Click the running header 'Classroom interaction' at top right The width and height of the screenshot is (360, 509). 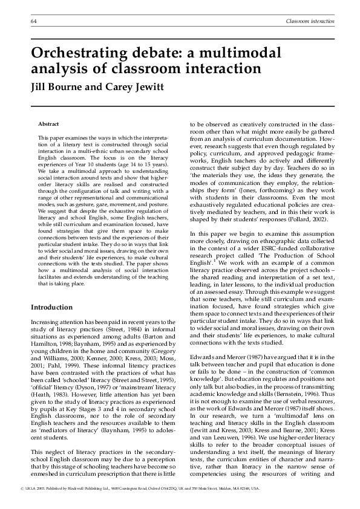(x=309, y=22)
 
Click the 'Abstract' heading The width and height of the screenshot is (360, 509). (x=48, y=123)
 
